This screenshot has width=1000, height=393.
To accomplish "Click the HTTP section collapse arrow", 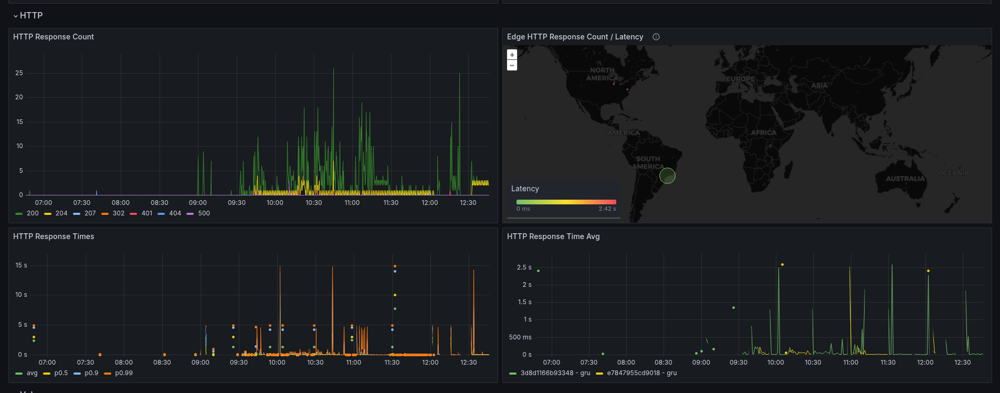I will click(16, 16).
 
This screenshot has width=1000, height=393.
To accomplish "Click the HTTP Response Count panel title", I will click(54, 37).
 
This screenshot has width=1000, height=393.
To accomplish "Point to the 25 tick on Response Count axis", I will click(19, 73).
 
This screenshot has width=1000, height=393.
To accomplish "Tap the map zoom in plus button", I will click(512, 55).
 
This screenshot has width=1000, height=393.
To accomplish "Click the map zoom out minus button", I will click(512, 65).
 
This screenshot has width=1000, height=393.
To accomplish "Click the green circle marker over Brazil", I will click(667, 175).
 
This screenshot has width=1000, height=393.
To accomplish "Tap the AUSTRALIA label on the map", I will click(905, 179).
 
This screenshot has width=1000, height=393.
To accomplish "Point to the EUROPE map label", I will click(740, 79).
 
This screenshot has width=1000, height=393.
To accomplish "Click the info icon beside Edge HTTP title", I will click(656, 37).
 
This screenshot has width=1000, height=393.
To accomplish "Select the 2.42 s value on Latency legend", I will click(607, 209).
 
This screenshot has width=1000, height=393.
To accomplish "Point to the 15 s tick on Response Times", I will click(21, 265).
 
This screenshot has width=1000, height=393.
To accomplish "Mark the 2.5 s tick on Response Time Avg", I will click(524, 267).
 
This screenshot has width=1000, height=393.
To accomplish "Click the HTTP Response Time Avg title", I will click(553, 236).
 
